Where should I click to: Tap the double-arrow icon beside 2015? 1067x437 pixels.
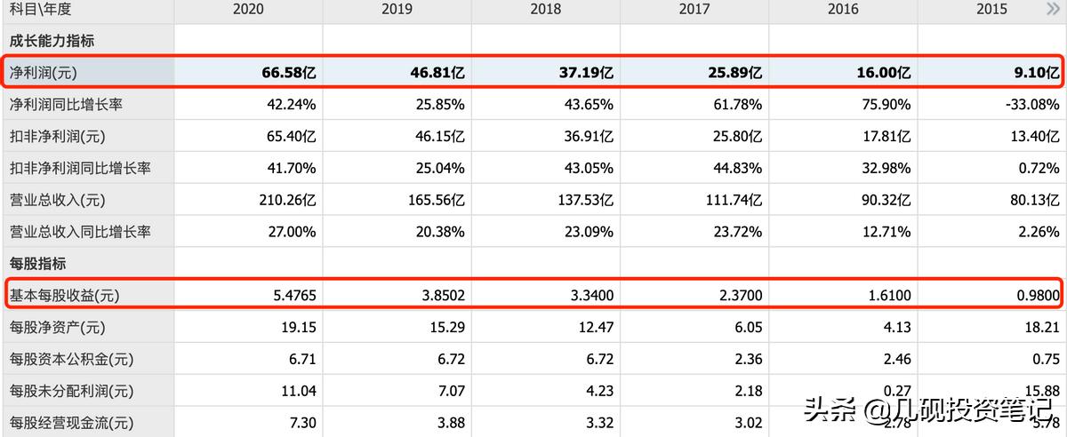coord(1053,10)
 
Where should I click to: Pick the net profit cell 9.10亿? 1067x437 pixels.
coord(1032,72)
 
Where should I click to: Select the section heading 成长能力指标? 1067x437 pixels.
coord(52,41)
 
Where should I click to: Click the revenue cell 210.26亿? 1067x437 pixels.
coord(283,200)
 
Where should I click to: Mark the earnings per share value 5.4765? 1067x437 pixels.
coord(289,296)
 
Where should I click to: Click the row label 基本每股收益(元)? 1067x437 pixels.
coord(64,296)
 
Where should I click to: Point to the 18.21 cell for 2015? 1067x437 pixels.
coord(1041,328)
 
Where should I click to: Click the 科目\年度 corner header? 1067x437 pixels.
coord(40,10)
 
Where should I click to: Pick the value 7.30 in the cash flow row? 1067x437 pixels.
coord(301,423)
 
